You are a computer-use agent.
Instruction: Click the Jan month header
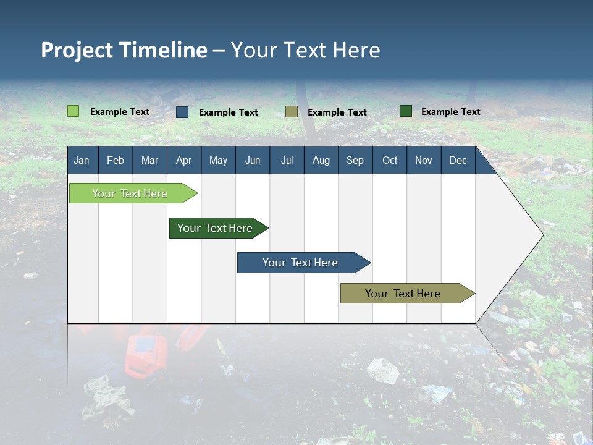coord(82,161)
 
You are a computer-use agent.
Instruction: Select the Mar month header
coord(149,161)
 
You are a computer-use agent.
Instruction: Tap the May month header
coord(218,161)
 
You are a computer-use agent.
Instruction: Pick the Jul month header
coord(287,161)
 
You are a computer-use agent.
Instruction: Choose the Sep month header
coord(355,161)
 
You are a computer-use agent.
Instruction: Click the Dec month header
coord(458,161)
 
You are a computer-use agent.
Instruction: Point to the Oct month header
coord(390,161)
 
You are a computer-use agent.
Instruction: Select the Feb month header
coord(116,161)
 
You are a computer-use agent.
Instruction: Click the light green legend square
coord(74,111)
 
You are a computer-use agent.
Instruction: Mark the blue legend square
coord(182,112)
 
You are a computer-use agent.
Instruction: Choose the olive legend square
coord(292,112)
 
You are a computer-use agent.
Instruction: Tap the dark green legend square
coord(406,111)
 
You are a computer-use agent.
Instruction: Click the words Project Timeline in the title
coord(124,50)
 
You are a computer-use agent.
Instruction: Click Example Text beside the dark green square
coord(450,112)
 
